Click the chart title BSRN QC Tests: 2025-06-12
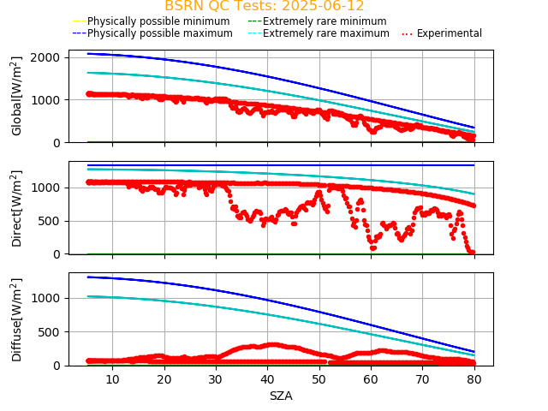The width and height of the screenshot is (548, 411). (x=264, y=6)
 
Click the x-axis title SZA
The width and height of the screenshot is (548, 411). (x=281, y=396)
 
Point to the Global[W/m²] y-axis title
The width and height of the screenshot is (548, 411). (x=17, y=96)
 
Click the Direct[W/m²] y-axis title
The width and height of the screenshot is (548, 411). (x=17, y=208)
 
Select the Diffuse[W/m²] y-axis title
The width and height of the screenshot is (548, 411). (x=17, y=319)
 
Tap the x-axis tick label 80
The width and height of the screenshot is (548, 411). (x=474, y=378)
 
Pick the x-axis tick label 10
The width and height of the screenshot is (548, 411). (x=112, y=378)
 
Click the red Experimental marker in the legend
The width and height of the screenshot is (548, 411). (x=408, y=33)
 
